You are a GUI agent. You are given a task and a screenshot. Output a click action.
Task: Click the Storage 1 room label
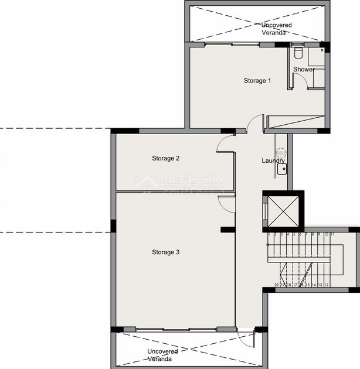257,81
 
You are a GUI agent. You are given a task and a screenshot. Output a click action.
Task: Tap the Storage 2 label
165,158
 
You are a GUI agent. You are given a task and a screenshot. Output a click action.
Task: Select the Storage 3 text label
165,252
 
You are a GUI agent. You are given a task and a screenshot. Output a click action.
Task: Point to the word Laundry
273,160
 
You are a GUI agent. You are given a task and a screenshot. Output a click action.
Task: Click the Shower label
304,70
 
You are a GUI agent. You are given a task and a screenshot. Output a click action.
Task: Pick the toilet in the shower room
298,54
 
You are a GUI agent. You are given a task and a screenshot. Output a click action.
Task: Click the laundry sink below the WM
281,169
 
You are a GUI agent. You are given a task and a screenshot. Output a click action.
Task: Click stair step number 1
269,234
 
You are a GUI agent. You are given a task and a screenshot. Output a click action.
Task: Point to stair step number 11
332,234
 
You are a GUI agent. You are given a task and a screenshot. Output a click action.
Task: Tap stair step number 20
276,285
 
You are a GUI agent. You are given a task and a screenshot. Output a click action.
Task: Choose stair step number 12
327,285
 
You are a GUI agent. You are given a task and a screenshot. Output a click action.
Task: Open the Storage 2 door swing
225,144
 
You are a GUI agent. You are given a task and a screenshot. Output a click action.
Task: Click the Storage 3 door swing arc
226,203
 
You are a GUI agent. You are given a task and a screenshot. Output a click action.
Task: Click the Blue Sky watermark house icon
147,182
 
